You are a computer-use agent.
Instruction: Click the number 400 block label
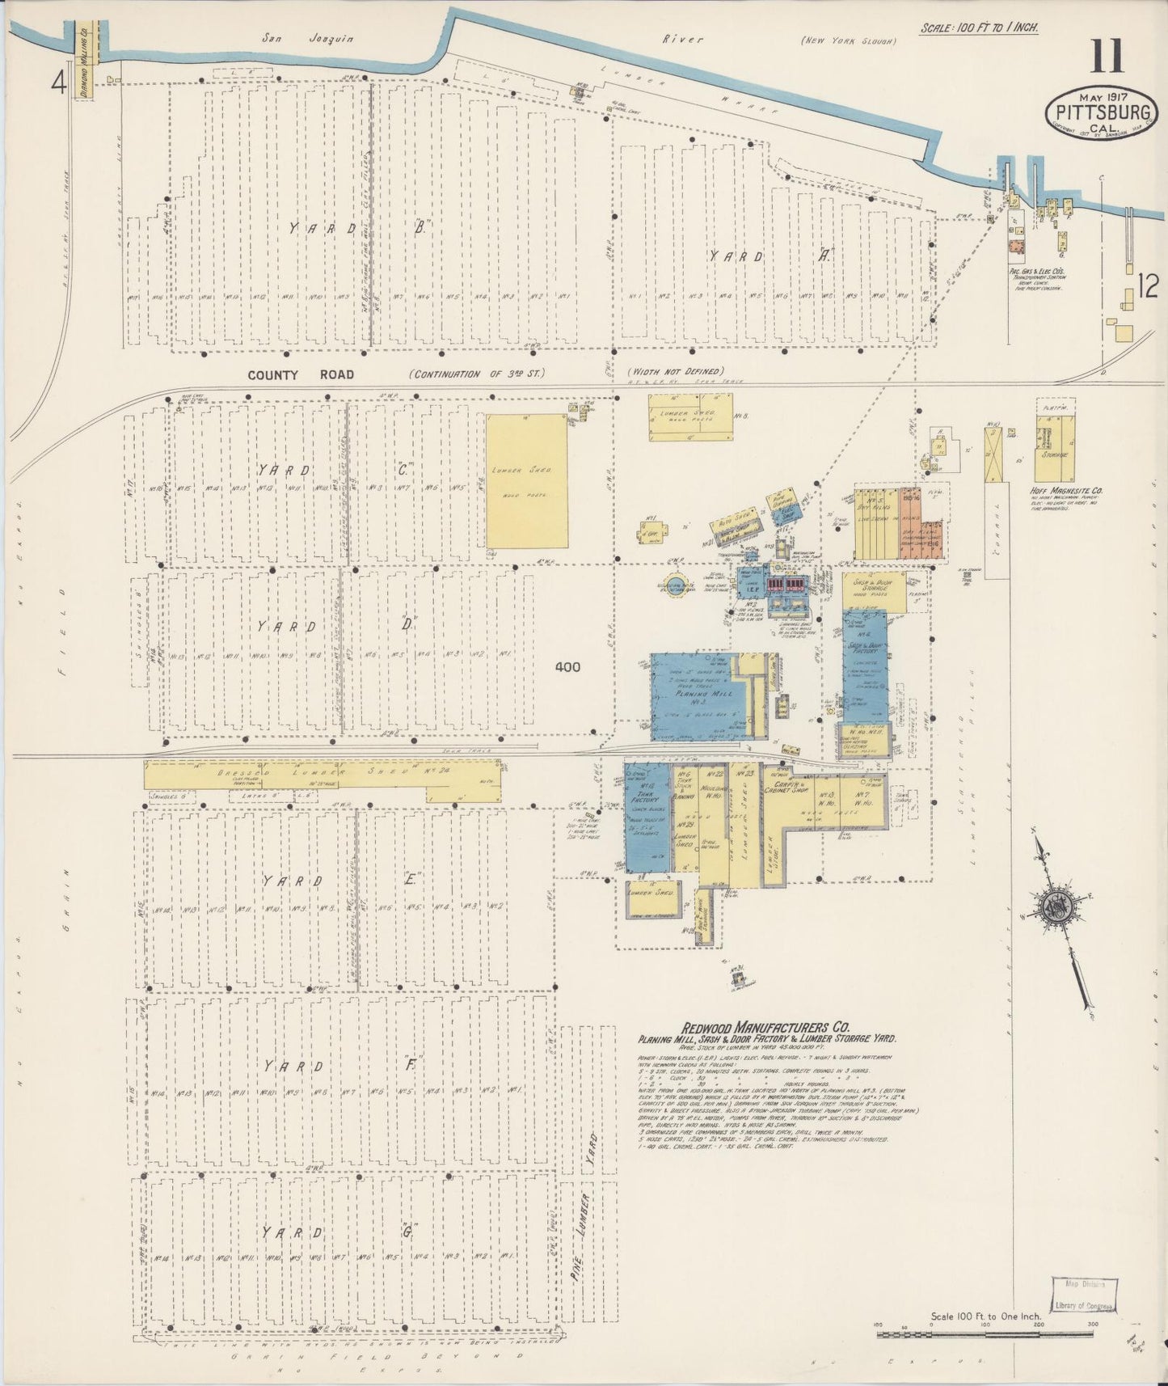tap(569, 667)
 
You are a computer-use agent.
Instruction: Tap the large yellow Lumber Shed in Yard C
tap(527, 482)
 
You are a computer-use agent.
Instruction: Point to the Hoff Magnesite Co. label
tap(1068, 491)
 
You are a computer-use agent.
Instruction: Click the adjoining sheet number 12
tap(1149, 285)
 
